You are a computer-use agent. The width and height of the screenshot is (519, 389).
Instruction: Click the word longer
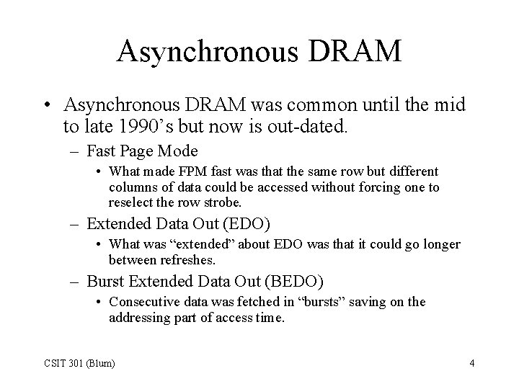coord(437,244)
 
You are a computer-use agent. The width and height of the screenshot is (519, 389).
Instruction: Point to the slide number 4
coord(471,363)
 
